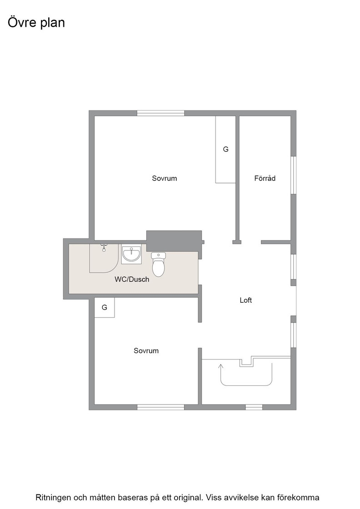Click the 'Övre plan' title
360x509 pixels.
[36, 23]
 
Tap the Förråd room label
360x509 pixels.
[265, 178]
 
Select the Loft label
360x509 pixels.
[246, 300]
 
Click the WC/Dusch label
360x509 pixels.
[132, 279]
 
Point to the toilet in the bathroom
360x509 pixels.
[159, 264]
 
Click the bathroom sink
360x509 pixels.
[131, 254]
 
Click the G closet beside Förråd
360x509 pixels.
[225, 150]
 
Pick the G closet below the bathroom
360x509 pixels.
[105, 307]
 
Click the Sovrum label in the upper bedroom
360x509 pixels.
[165, 178]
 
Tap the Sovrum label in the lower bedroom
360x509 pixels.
[146, 350]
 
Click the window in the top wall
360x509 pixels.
[161, 113]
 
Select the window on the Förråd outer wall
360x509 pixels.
[294, 175]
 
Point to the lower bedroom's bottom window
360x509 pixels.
[161, 407]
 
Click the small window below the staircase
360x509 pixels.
[254, 407]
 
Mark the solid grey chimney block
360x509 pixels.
[175, 241]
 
